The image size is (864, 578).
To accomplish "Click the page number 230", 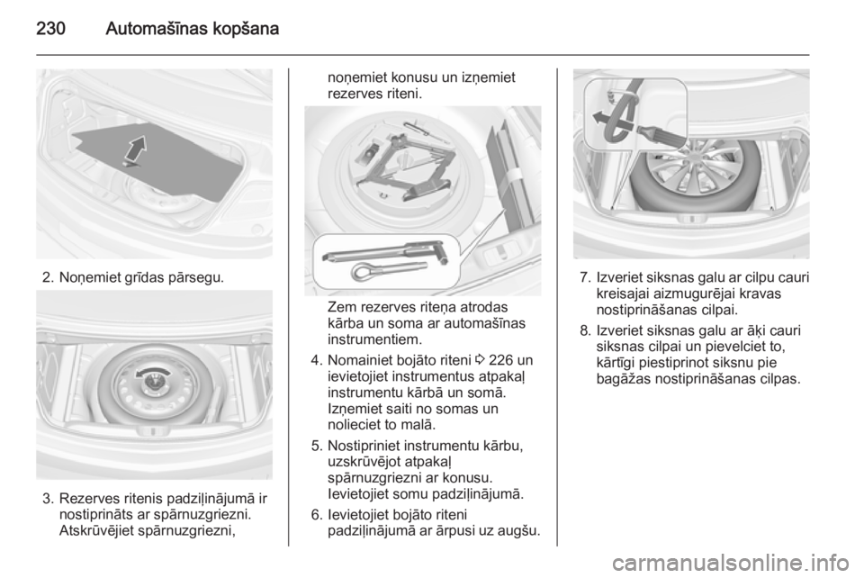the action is coord(50,28).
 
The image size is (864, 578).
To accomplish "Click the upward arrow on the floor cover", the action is coord(136,150).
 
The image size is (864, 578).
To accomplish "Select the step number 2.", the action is coord(47,277).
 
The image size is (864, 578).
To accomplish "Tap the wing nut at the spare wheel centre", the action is coord(155,380).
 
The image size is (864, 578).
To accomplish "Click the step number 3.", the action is coord(48,499).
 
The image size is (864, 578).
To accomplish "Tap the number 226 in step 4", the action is coord(500,360).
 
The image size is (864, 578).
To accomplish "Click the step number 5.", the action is coord(316,446).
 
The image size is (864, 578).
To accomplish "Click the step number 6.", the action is coord(316,515).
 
